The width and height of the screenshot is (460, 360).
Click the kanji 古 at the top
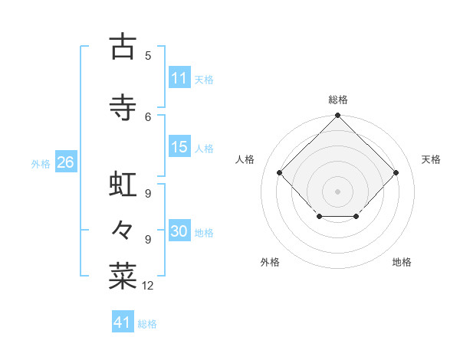tap(122, 47)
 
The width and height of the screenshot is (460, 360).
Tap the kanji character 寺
tap(122, 108)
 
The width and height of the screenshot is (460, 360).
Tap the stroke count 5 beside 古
tap(148, 55)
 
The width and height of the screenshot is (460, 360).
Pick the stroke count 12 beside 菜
tap(148, 286)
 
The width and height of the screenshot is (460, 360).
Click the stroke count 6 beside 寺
tap(148, 116)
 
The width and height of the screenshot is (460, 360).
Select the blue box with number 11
tap(179, 78)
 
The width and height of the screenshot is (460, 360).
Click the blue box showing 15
tap(179, 147)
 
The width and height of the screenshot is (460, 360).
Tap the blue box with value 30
tap(179, 231)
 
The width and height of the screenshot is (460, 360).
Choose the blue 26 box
tap(65, 162)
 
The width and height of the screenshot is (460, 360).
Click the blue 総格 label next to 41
tap(147, 324)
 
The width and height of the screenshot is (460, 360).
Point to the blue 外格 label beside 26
tap(41, 164)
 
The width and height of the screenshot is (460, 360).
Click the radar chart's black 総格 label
tap(338, 100)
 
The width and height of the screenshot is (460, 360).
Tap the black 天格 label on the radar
tap(431, 159)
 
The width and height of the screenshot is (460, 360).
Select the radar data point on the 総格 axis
tap(338, 116)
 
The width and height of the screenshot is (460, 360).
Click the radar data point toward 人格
tap(280, 173)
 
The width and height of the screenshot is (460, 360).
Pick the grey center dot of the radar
tap(338, 191)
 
